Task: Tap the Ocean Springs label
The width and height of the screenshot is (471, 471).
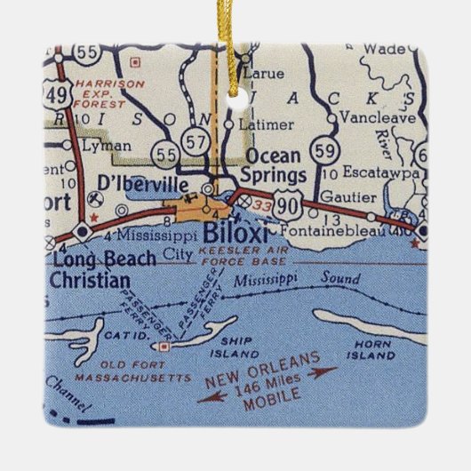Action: tap(275, 164)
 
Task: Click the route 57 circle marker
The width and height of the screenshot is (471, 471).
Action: tap(195, 138)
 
